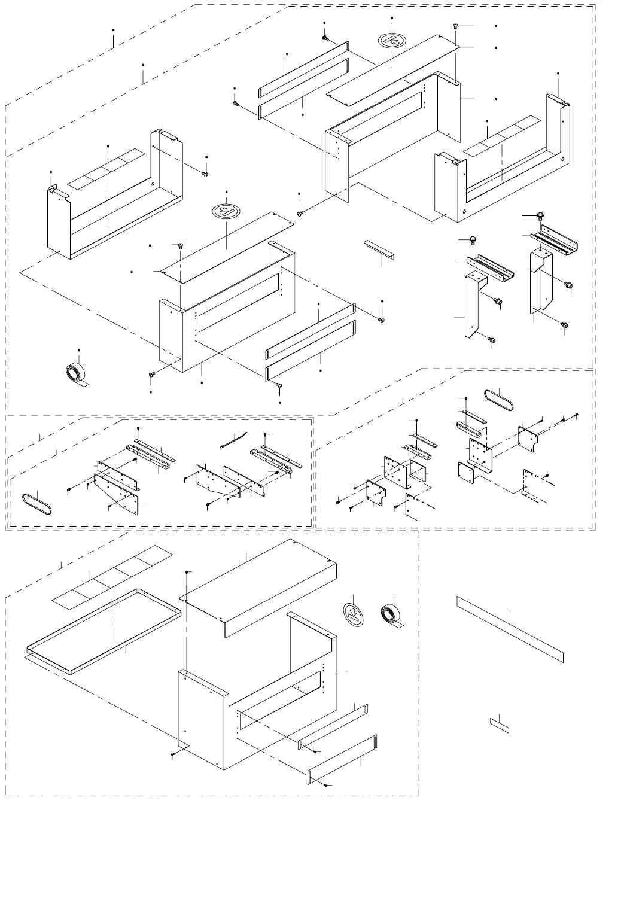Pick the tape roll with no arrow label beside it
tap(75, 373)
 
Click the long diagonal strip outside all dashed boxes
tap(510, 628)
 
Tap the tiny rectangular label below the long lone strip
tap(500, 725)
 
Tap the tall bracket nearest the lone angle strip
tap(473, 305)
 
